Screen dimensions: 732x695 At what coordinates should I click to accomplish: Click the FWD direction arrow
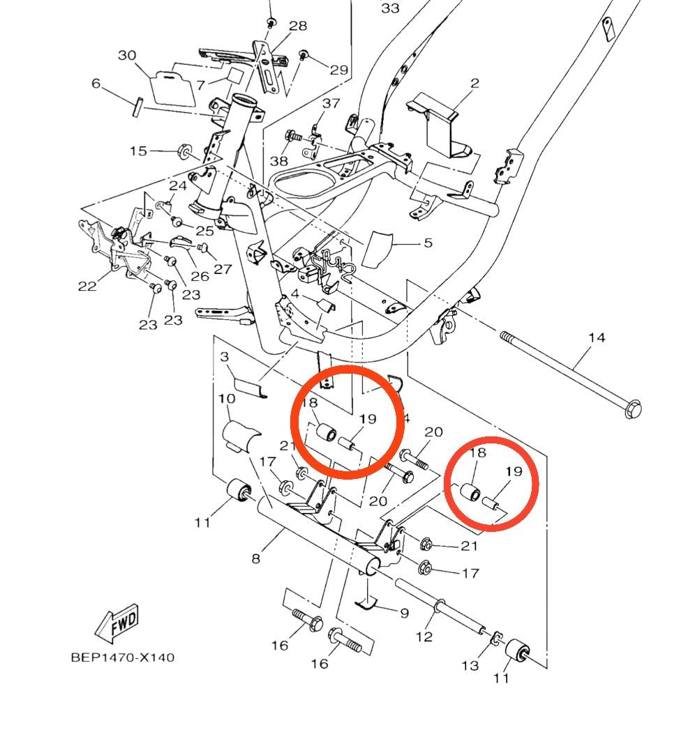119,623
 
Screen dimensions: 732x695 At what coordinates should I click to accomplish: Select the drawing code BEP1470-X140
123,657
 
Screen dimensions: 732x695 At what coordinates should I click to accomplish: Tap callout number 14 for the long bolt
597,338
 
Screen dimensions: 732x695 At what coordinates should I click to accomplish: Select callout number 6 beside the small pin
96,84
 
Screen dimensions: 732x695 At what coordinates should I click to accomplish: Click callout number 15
138,151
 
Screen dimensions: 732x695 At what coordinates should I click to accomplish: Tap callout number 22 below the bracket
87,287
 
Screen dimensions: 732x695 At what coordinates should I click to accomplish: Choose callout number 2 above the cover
474,84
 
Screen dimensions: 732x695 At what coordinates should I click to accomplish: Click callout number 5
428,243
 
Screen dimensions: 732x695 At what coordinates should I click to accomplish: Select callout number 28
298,26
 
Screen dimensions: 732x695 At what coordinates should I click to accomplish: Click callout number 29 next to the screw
338,70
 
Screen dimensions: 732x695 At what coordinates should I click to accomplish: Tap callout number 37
331,103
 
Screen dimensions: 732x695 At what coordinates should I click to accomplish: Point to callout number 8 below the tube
256,558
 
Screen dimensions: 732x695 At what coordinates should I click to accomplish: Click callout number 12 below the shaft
424,636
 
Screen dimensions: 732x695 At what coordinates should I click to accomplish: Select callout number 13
470,665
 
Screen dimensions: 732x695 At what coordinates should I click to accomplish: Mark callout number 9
404,613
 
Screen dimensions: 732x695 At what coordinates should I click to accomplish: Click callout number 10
226,399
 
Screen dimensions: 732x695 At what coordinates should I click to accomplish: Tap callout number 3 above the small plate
225,357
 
